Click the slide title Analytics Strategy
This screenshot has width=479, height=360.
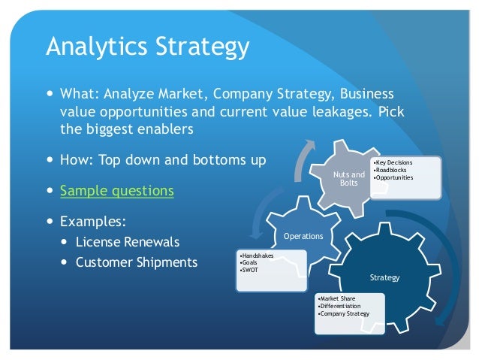(147, 47)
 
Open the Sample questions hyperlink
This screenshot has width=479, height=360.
(116, 191)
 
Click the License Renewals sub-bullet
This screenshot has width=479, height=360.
(128, 243)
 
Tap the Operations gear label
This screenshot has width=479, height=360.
(303, 236)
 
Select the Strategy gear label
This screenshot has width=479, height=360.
(385, 277)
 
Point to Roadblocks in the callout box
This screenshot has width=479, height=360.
(392, 170)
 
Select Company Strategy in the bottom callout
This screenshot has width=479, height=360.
(345, 313)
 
